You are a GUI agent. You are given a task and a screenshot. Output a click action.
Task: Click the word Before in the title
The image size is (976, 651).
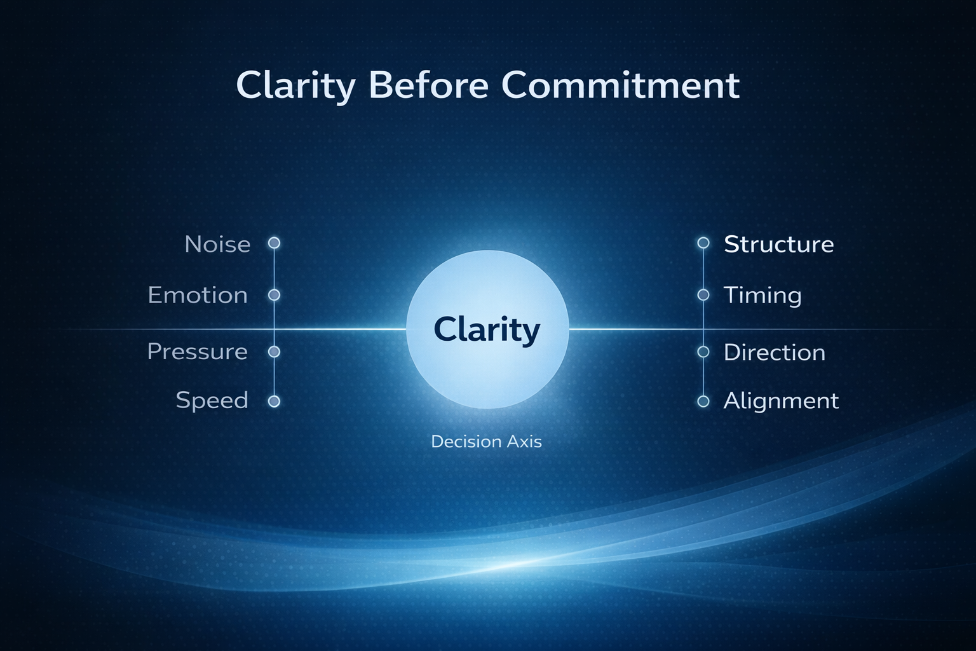[x=428, y=85]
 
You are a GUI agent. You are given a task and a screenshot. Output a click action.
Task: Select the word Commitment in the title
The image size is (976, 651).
[x=620, y=85]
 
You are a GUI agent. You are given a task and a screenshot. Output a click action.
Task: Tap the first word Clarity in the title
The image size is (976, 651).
[x=295, y=87]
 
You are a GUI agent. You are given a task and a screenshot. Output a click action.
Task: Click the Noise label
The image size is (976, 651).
[x=217, y=244]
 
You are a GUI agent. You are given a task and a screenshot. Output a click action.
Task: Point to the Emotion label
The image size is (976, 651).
[x=198, y=295]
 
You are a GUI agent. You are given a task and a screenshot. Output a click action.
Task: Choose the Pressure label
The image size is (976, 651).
[x=198, y=352]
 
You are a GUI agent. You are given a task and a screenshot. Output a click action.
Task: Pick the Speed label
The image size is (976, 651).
[x=212, y=401]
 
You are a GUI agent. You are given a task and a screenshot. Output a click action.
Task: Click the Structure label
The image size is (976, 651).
[x=778, y=244]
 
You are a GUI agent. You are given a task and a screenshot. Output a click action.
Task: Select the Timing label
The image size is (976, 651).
[x=762, y=296]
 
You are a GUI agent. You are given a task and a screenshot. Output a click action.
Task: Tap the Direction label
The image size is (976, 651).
[x=775, y=352]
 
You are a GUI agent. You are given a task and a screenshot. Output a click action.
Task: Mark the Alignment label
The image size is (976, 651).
[x=781, y=401]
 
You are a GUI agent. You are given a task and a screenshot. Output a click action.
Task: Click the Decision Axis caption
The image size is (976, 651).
[x=486, y=442]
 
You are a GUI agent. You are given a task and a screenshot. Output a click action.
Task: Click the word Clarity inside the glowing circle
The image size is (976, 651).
[x=487, y=331]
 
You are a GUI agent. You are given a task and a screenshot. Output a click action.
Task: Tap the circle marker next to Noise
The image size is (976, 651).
[x=274, y=243]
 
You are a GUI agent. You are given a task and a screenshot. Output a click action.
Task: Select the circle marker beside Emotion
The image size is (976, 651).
[x=274, y=295]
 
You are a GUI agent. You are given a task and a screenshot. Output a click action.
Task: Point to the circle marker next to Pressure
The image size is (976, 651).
[x=274, y=352]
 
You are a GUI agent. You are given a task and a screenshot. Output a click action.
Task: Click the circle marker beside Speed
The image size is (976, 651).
[x=274, y=401]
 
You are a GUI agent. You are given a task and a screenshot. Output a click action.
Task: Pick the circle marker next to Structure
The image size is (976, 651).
[x=703, y=243]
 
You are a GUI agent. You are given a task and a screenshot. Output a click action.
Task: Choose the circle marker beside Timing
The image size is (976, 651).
[x=703, y=295]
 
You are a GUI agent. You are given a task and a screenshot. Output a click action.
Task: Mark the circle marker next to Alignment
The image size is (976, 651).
[x=703, y=401]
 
